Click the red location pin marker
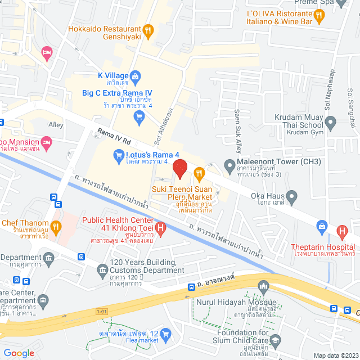pos(179,168)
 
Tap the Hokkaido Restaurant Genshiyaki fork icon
pos(148,30)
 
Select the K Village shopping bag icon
pos(135,75)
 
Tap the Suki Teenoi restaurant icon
pos(198,172)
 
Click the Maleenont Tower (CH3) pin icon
pos(229,166)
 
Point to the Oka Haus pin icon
pos(291,197)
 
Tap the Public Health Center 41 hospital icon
pos(161,228)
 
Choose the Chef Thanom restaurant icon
pos(55,227)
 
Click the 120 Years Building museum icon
pos(102,272)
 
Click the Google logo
pos(19,353)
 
